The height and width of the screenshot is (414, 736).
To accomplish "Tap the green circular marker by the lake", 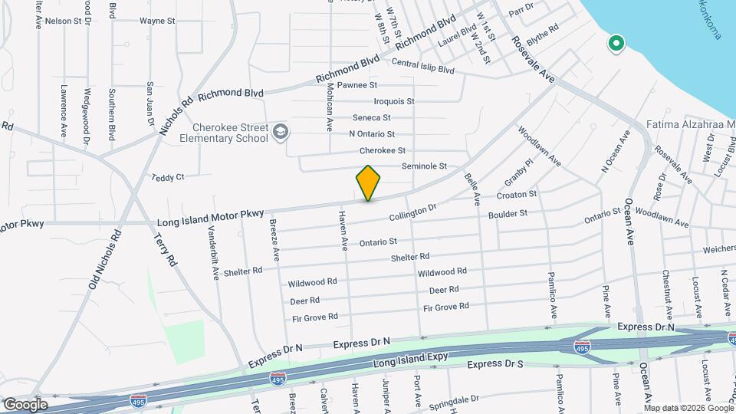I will click(615, 44).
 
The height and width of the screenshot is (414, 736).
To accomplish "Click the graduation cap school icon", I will click(281, 132).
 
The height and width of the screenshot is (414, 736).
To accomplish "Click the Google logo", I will click(25, 404).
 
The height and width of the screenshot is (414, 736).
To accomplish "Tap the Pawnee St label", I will click(357, 85).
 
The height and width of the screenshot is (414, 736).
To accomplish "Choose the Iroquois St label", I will click(394, 101).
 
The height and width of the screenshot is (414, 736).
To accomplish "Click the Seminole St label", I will click(424, 166).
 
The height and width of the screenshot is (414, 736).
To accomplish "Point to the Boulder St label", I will click(508, 215).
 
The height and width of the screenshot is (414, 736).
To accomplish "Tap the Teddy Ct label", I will click(169, 177).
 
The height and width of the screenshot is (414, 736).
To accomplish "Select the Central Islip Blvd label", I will click(422, 67).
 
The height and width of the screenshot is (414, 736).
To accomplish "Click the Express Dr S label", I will click(495, 364).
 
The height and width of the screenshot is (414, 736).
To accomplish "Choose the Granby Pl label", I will click(518, 173).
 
